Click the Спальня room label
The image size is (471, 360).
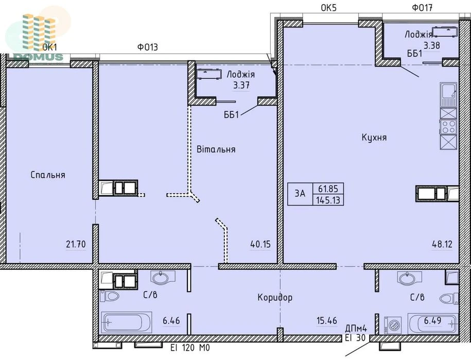(x=48, y=175)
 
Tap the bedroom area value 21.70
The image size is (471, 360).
(x=76, y=244)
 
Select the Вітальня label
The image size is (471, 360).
(x=216, y=149)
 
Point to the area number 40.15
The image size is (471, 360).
(x=260, y=244)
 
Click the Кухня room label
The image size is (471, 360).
(x=374, y=138)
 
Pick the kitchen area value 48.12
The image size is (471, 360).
(x=442, y=244)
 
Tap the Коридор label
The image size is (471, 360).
(x=275, y=298)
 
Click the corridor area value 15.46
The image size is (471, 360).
(x=327, y=321)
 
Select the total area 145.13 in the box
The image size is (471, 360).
(x=328, y=200)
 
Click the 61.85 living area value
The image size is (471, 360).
(x=328, y=188)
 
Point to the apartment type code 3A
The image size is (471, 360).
(x=300, y=194)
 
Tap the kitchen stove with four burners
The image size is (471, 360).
(x=448, y=127)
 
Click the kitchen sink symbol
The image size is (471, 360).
(x=448, y=95)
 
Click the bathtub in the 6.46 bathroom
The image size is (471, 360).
(x=127, y=322)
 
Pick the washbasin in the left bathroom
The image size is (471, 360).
(x=163, y=278)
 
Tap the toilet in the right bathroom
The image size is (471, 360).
(x=449, y=298)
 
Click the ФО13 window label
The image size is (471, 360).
(x=148, y=47)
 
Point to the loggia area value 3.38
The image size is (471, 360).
(x=432, y=45)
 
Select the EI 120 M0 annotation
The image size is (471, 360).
(x=190, y=348)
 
